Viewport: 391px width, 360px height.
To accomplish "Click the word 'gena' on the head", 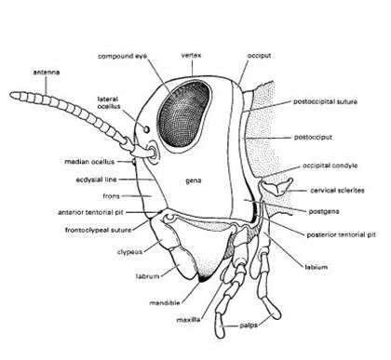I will [195, 174].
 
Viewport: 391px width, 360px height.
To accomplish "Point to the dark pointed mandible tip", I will [202, 277].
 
